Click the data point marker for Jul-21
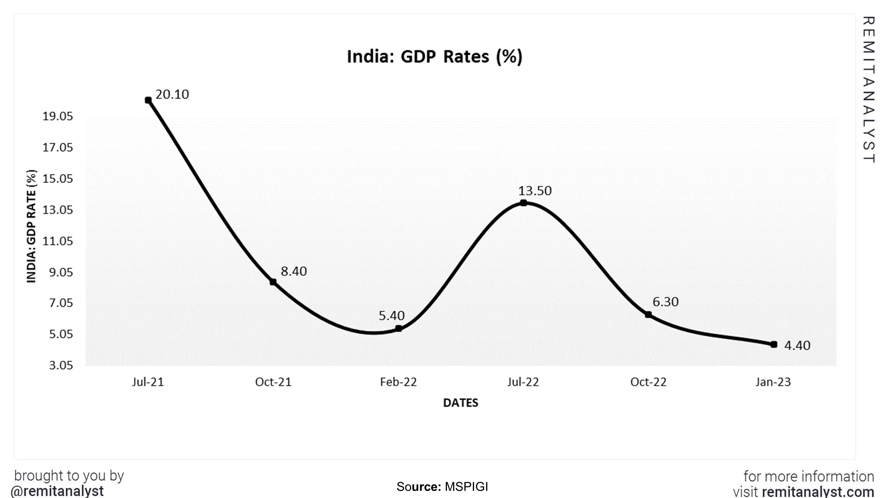[148, 100]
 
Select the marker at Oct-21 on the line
[273, 282]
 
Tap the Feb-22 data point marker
[399, 329]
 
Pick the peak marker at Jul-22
[523, 203]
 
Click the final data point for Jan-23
[774, 344]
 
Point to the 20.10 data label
[172, 94]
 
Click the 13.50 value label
[535, 191]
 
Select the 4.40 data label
[797, 345]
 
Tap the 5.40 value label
[392, 315]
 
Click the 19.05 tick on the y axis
[58, 116]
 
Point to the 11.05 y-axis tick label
[58, 241]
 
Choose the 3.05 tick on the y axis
[61, 365]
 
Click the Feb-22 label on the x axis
[398, 382]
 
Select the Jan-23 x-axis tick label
[773, 382]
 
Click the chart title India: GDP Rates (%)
[435, 56]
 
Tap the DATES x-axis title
[460, 403]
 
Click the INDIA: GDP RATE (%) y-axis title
[31, 226]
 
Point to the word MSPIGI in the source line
[466, 487]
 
